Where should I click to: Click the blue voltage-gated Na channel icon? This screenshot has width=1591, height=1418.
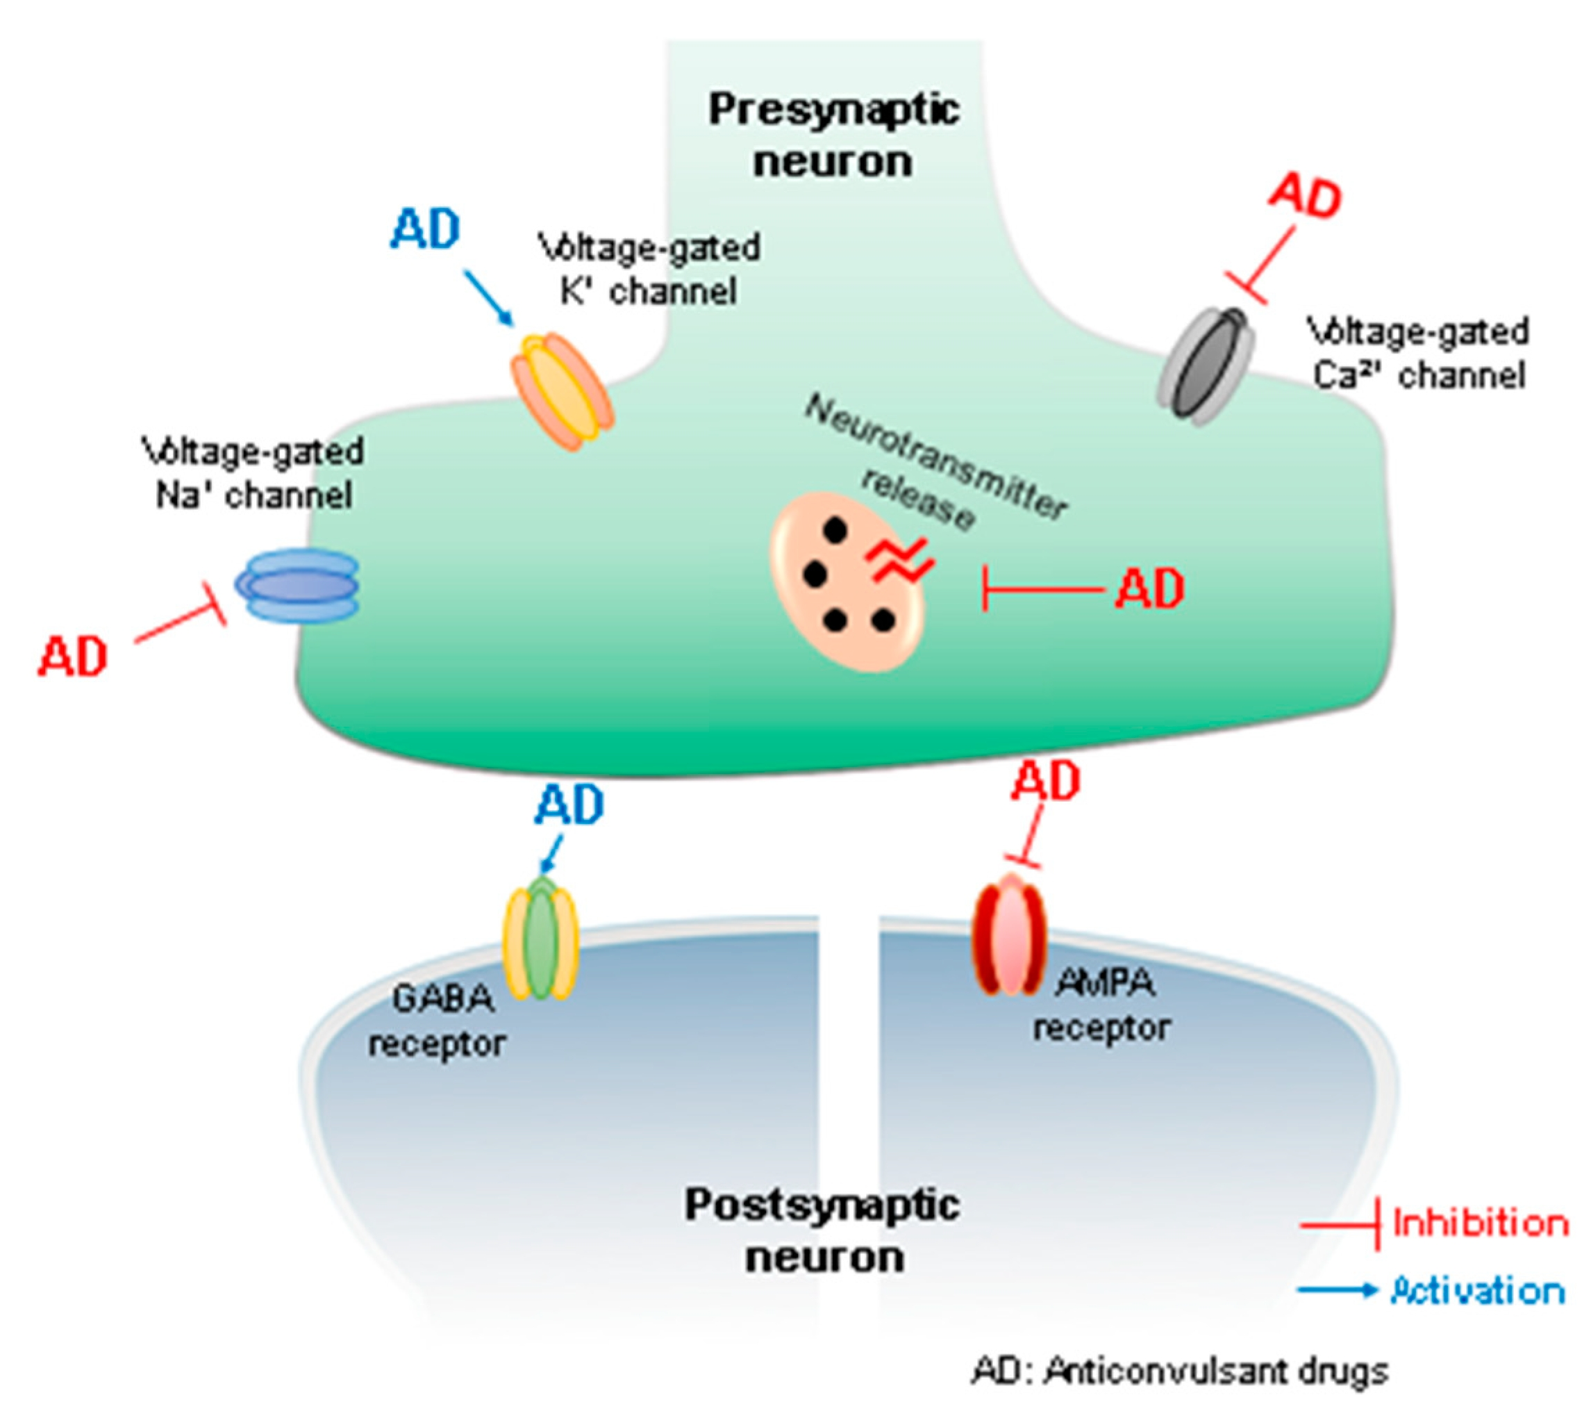pyautogui.click(x=297, y=585)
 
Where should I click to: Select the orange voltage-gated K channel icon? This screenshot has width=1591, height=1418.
pyautogui.click(x=563, y=392)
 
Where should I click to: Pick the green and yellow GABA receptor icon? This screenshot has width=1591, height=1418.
pyautogui.click(x=542, y=941)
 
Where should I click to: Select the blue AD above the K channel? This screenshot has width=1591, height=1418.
pyautogui.click(x=425, y=229)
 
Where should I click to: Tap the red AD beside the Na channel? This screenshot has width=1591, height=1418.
pyautogui.click(x=73, y=656)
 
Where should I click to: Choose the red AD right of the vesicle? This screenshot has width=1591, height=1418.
pyautogui.click(x=1149, y=589)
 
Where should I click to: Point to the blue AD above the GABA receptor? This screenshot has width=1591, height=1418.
pyautogui.click(x=569, y=805)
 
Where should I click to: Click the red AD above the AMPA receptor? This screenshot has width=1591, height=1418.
pyautogui.click(x=1045, y=781)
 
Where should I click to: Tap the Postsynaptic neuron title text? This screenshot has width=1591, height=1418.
pyautogui.click(x=823, y=1231)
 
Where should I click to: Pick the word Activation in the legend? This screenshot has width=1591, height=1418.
pyautogui.click(x=1477, y=1291)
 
